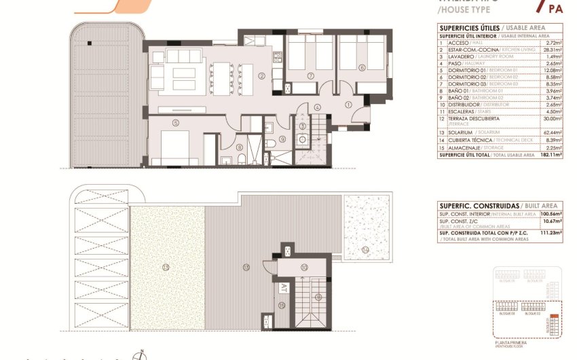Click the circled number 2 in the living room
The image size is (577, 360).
[261, 75]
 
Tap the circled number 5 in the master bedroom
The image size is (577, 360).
[176, 123]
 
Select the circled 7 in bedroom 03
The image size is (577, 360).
[310, 75]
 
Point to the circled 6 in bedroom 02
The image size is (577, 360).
[362, 67]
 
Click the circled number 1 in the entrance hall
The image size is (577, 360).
[348, 105]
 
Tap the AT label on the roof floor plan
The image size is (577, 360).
[282, 287]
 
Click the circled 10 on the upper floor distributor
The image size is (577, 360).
[304, 267]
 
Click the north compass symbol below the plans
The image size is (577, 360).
[140, 355]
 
